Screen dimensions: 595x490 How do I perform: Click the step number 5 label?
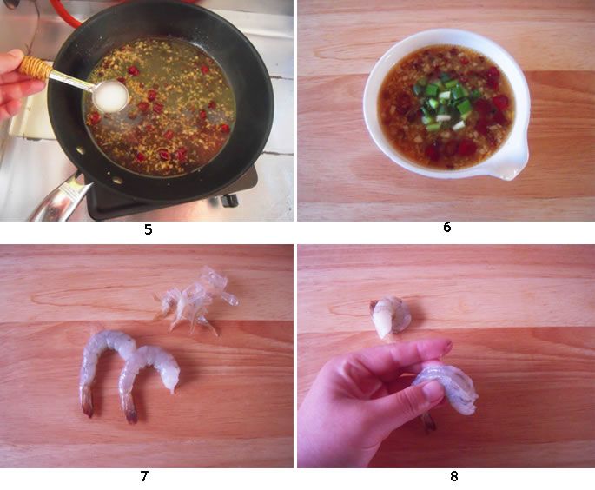[x=148, y=229]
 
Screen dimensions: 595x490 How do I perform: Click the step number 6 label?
[x=447, y=227]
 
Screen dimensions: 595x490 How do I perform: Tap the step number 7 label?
[x=144, y=476]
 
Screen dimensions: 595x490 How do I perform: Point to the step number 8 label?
[x=453, y=476]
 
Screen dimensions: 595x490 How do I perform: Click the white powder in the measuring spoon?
[x=109, y=96]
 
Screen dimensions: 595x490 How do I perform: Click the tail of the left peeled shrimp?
[x=87, y=402]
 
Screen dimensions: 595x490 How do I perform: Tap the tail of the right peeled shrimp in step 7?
[x=129, y=411]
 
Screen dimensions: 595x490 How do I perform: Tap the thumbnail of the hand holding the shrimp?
[x=433, y=392]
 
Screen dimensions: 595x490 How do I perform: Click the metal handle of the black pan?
[x=61, y=199]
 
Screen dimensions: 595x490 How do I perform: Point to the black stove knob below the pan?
[x=230, y=200]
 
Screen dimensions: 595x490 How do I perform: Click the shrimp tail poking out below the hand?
[x=429, y=422]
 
